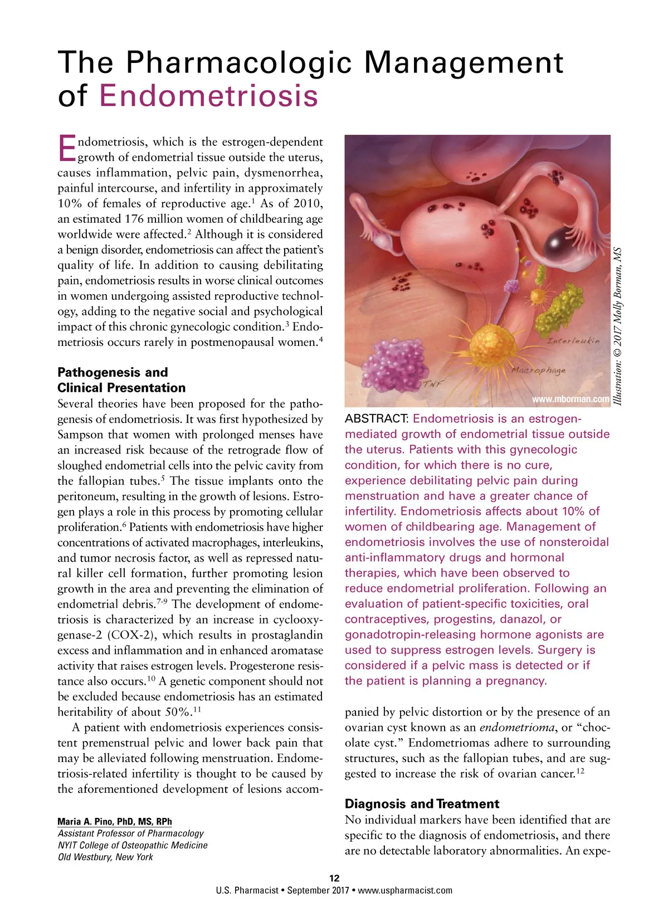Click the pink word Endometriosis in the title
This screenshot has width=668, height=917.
click(209, 95)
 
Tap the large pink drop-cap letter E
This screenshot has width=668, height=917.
click(66, 149)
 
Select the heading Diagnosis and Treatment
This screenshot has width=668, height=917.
click(422, 803)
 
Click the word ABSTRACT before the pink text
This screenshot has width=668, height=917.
click(377, 418)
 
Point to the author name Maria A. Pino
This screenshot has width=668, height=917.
click(115, 821)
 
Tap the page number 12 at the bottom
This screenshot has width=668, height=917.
click(334, 878)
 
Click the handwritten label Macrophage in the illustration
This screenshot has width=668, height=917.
click(538, 369)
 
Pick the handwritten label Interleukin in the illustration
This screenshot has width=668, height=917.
click(573, 340)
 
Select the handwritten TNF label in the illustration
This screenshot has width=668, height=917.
click(432, 384)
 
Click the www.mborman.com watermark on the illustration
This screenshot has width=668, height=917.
click(571, 399)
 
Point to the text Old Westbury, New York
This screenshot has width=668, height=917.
click(105, 857)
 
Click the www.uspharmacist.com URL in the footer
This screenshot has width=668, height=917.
click(405, 890)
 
